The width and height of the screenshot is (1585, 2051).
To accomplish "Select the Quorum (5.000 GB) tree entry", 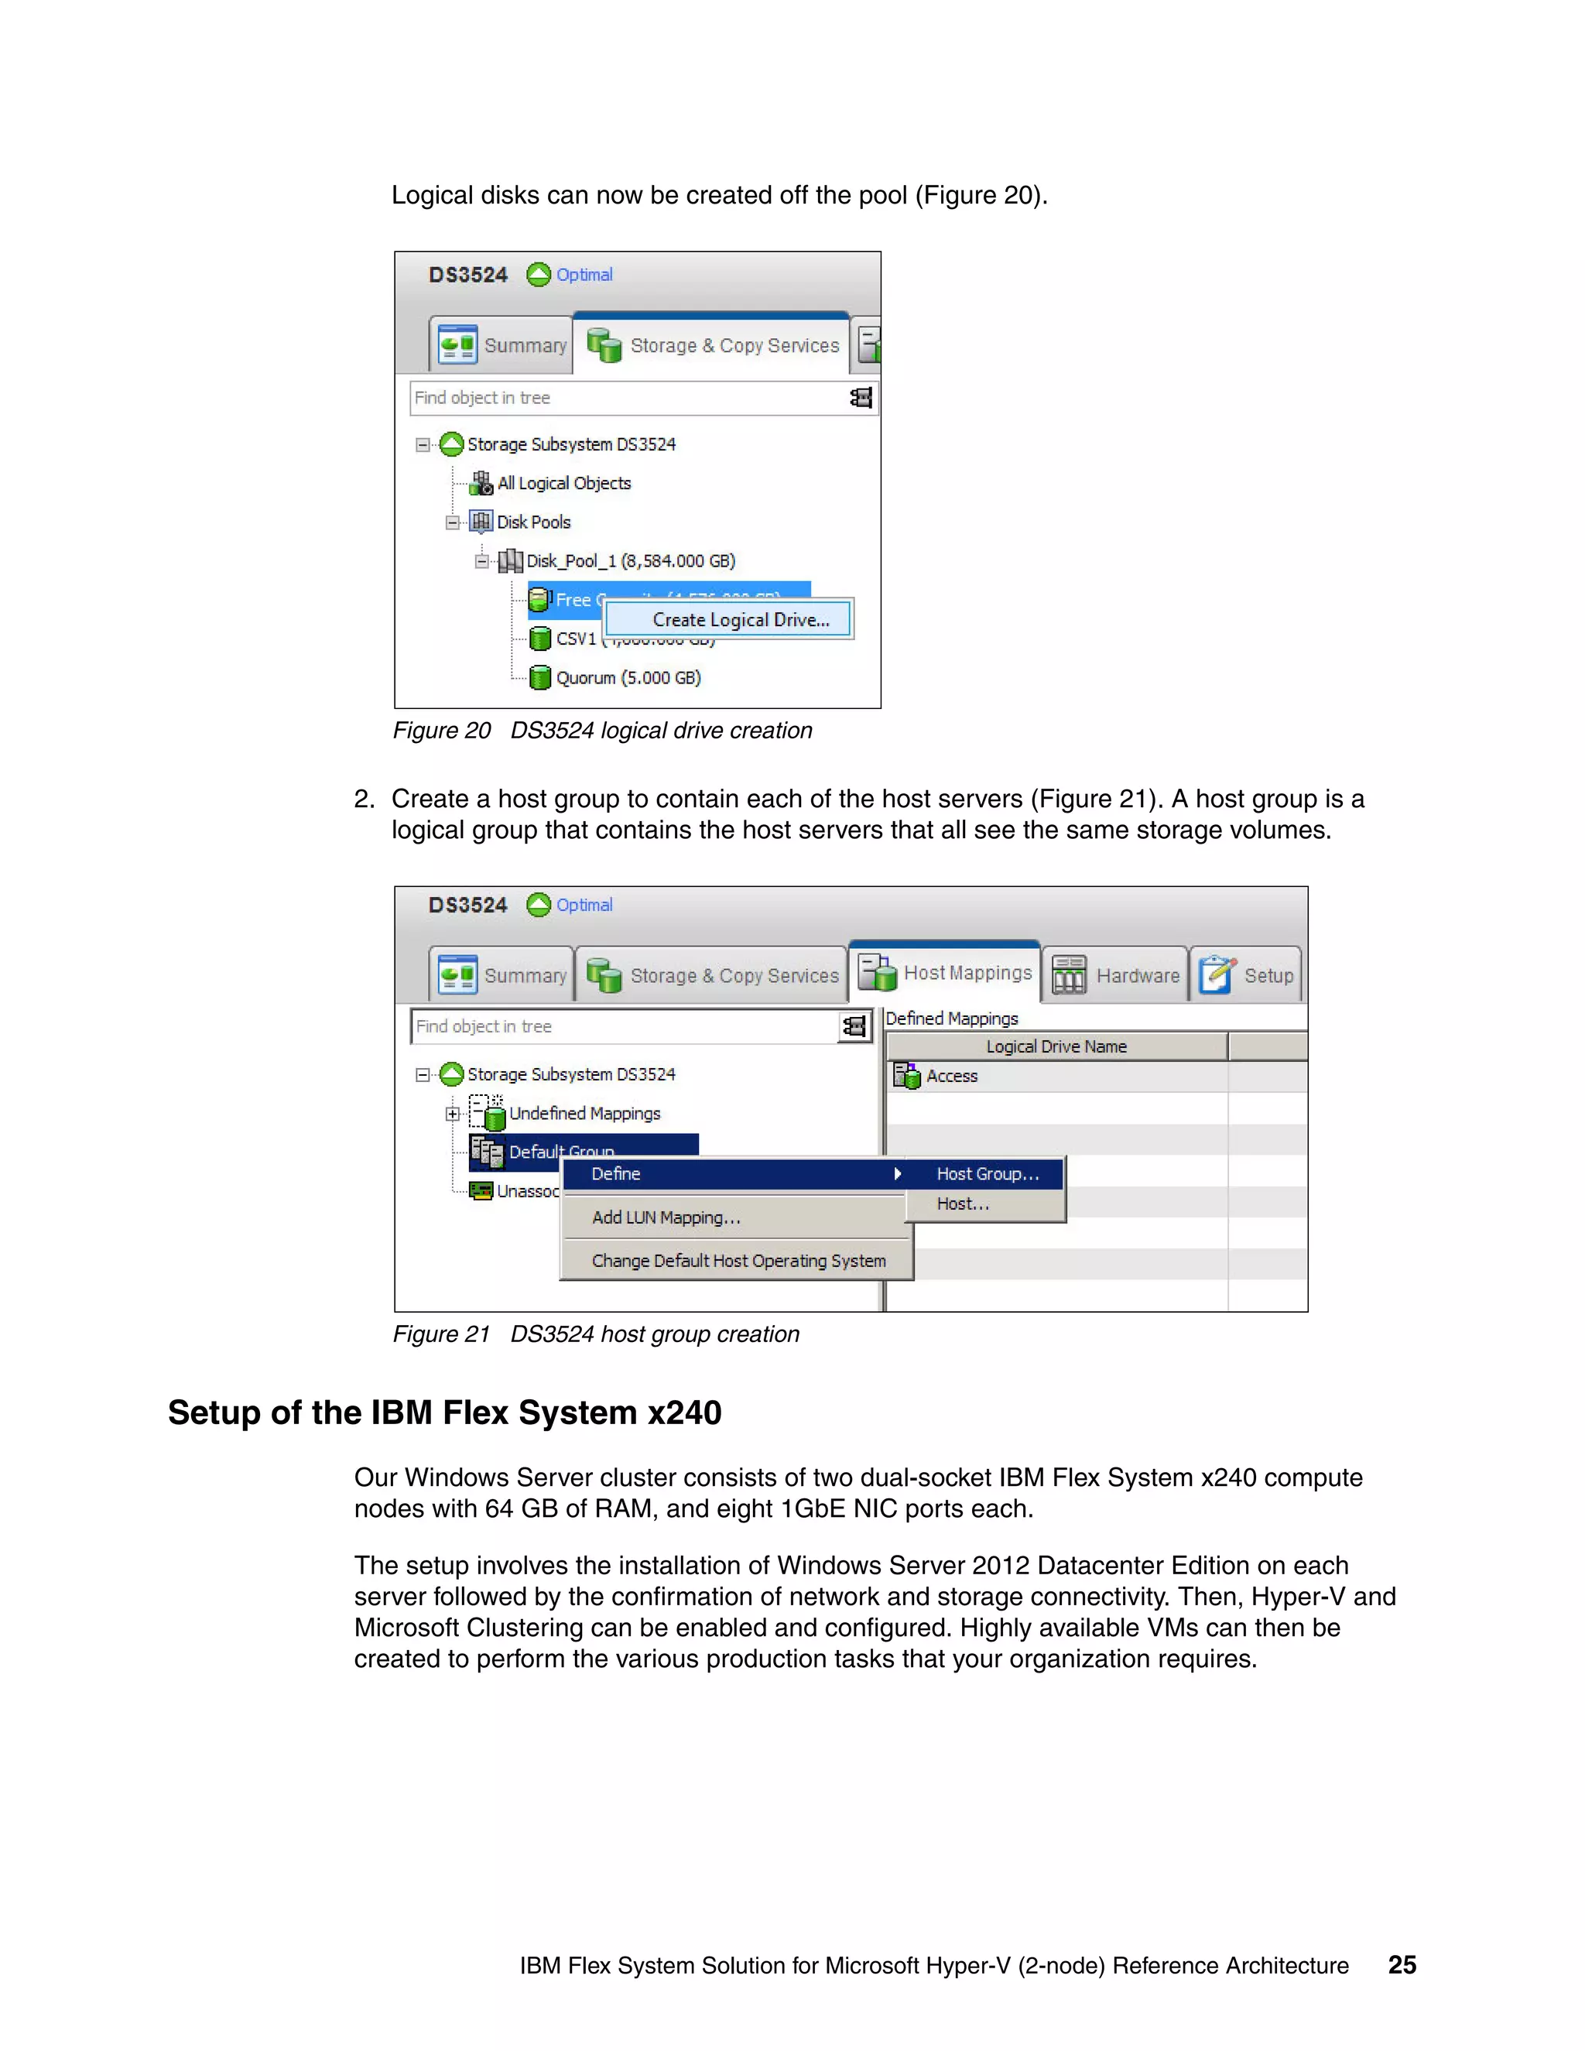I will coord(627,678).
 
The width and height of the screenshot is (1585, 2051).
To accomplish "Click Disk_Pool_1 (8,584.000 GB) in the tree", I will coord(629,560).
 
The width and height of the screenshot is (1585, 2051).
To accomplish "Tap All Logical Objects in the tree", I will coord(563,484).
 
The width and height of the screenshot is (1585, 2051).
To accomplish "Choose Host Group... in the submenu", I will coord(987,1174).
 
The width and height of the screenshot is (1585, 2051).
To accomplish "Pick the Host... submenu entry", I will coord(963,1204).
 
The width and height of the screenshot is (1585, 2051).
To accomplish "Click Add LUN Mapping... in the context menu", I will coord(666,1218).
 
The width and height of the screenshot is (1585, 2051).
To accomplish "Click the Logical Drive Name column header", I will coord(1056,1047).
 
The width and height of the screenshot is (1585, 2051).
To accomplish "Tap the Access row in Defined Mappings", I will coord(951,1077).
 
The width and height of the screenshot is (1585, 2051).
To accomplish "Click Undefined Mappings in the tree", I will coord(584,1114).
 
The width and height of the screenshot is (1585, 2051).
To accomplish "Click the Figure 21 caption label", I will coord(595,1334).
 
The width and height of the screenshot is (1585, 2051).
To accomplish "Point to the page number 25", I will coord(1402,1966).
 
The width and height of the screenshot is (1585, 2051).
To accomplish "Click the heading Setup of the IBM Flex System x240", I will coord(444,1413).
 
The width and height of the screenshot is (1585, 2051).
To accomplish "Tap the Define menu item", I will coord(616,1174).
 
